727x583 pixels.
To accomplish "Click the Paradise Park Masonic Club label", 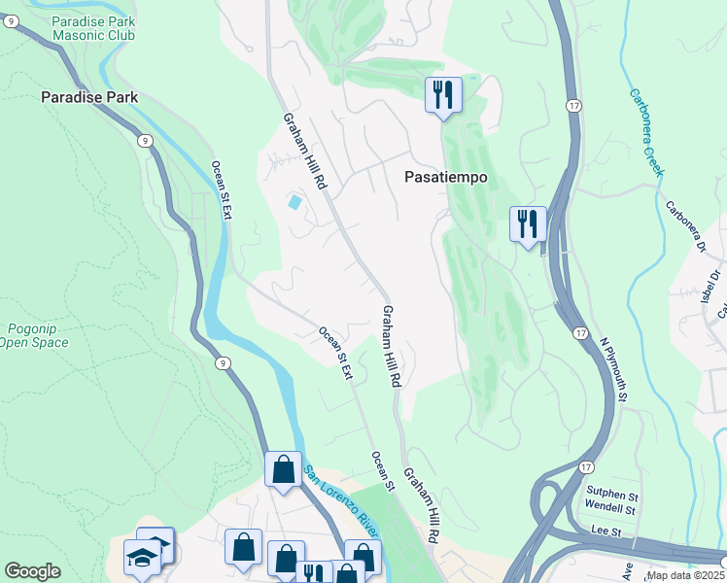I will pos(93,28).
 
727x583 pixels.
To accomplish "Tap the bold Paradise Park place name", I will pos(89,97).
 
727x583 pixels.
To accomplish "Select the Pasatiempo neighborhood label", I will pos(445,178).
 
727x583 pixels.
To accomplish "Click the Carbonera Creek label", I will pos(646,132).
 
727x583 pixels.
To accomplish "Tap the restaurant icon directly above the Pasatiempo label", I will pos(443,95).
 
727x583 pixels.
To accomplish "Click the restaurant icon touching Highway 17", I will pos(529,224).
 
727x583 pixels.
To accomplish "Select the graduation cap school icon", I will pos(142,559).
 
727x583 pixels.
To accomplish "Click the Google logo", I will pos(32,570).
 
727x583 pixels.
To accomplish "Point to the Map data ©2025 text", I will pos(686,575).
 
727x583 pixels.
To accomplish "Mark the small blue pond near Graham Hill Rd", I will pos(294,202).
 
